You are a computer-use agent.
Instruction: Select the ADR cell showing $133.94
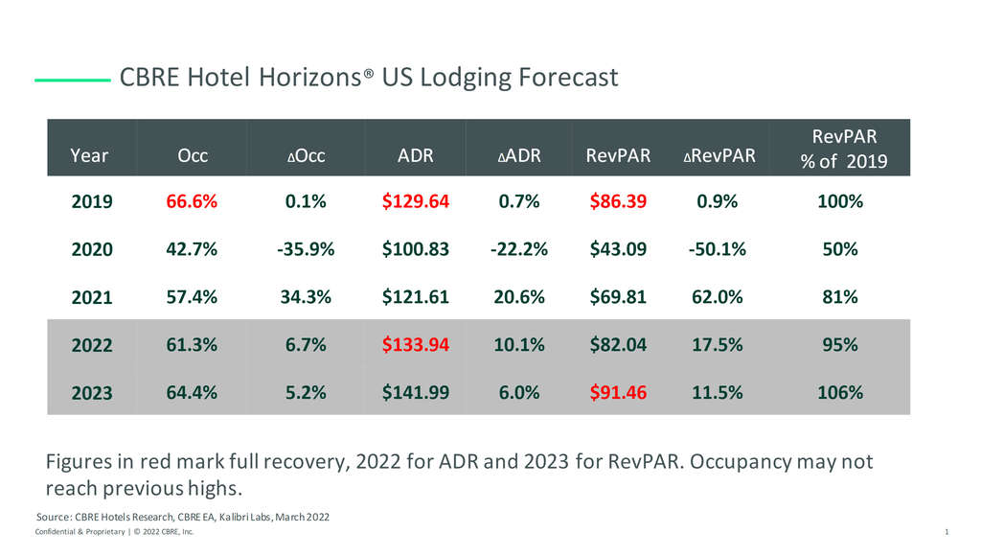415,345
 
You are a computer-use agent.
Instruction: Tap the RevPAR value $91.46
618,392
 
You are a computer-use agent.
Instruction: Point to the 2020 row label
92,249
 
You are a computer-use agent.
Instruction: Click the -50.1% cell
717,249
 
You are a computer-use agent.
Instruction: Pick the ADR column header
415,155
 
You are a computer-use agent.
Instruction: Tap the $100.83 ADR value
415,249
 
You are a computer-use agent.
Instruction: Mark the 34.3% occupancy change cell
305,297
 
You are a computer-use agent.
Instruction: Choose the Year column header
89,155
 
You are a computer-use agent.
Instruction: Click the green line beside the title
72,80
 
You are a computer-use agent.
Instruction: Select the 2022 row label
92,346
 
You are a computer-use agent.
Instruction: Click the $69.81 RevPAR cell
618,297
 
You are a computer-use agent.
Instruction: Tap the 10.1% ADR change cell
518,345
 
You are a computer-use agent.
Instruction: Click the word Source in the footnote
54,518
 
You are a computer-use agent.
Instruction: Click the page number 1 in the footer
946,532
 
